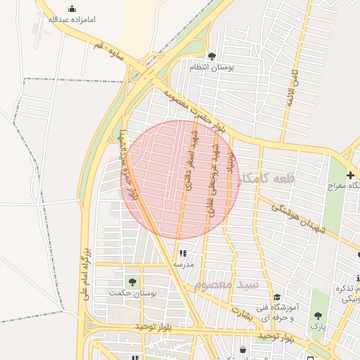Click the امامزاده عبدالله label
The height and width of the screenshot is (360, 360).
72,20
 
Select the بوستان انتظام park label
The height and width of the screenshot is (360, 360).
212,67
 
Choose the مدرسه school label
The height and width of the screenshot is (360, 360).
184,264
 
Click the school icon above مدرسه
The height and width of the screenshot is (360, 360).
184,253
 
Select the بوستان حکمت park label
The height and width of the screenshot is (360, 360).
133,292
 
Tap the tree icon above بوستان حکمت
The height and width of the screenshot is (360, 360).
132,281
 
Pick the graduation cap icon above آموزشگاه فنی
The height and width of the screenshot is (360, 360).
277,297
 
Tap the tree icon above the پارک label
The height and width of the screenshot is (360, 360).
318,316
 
